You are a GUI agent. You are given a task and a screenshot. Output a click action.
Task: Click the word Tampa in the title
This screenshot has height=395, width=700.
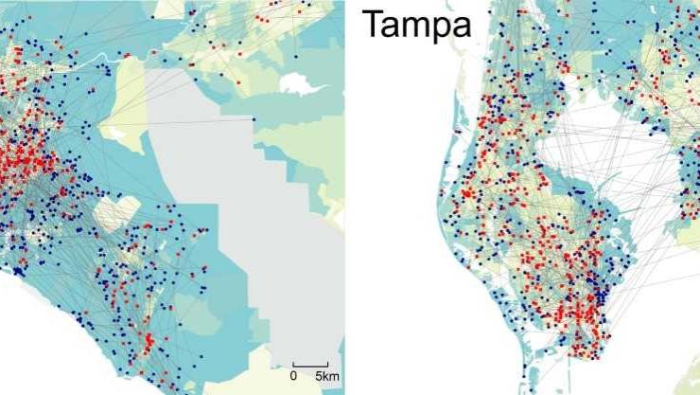coord(416,25)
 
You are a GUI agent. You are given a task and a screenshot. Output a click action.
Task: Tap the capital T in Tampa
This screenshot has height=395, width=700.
coord(372,25)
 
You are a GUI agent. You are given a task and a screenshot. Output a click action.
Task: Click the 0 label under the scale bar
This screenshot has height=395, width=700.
coord(293,377)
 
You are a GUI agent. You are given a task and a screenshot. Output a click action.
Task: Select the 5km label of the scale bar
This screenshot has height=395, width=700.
coord(326,377)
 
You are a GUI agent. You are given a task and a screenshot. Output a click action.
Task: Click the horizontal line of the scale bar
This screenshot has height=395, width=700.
coord(309,365)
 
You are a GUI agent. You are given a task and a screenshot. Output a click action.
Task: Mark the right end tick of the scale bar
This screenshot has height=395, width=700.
coord(327,363)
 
